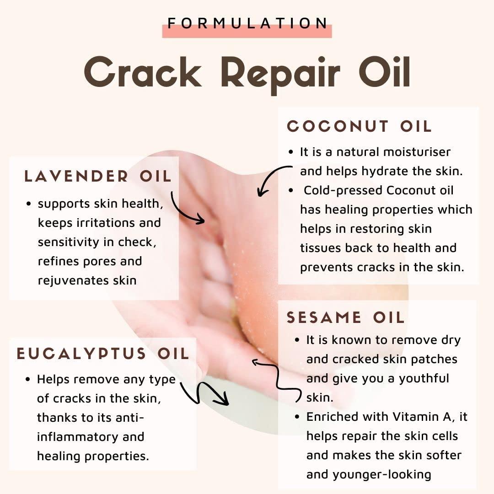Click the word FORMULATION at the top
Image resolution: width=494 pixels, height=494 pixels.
(247, 23)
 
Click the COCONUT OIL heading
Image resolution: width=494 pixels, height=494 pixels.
(360, 127)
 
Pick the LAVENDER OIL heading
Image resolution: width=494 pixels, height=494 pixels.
(98, 177)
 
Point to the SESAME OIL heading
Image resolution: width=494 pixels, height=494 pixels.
(346, 317)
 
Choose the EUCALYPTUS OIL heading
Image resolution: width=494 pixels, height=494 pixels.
(103, 354)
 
